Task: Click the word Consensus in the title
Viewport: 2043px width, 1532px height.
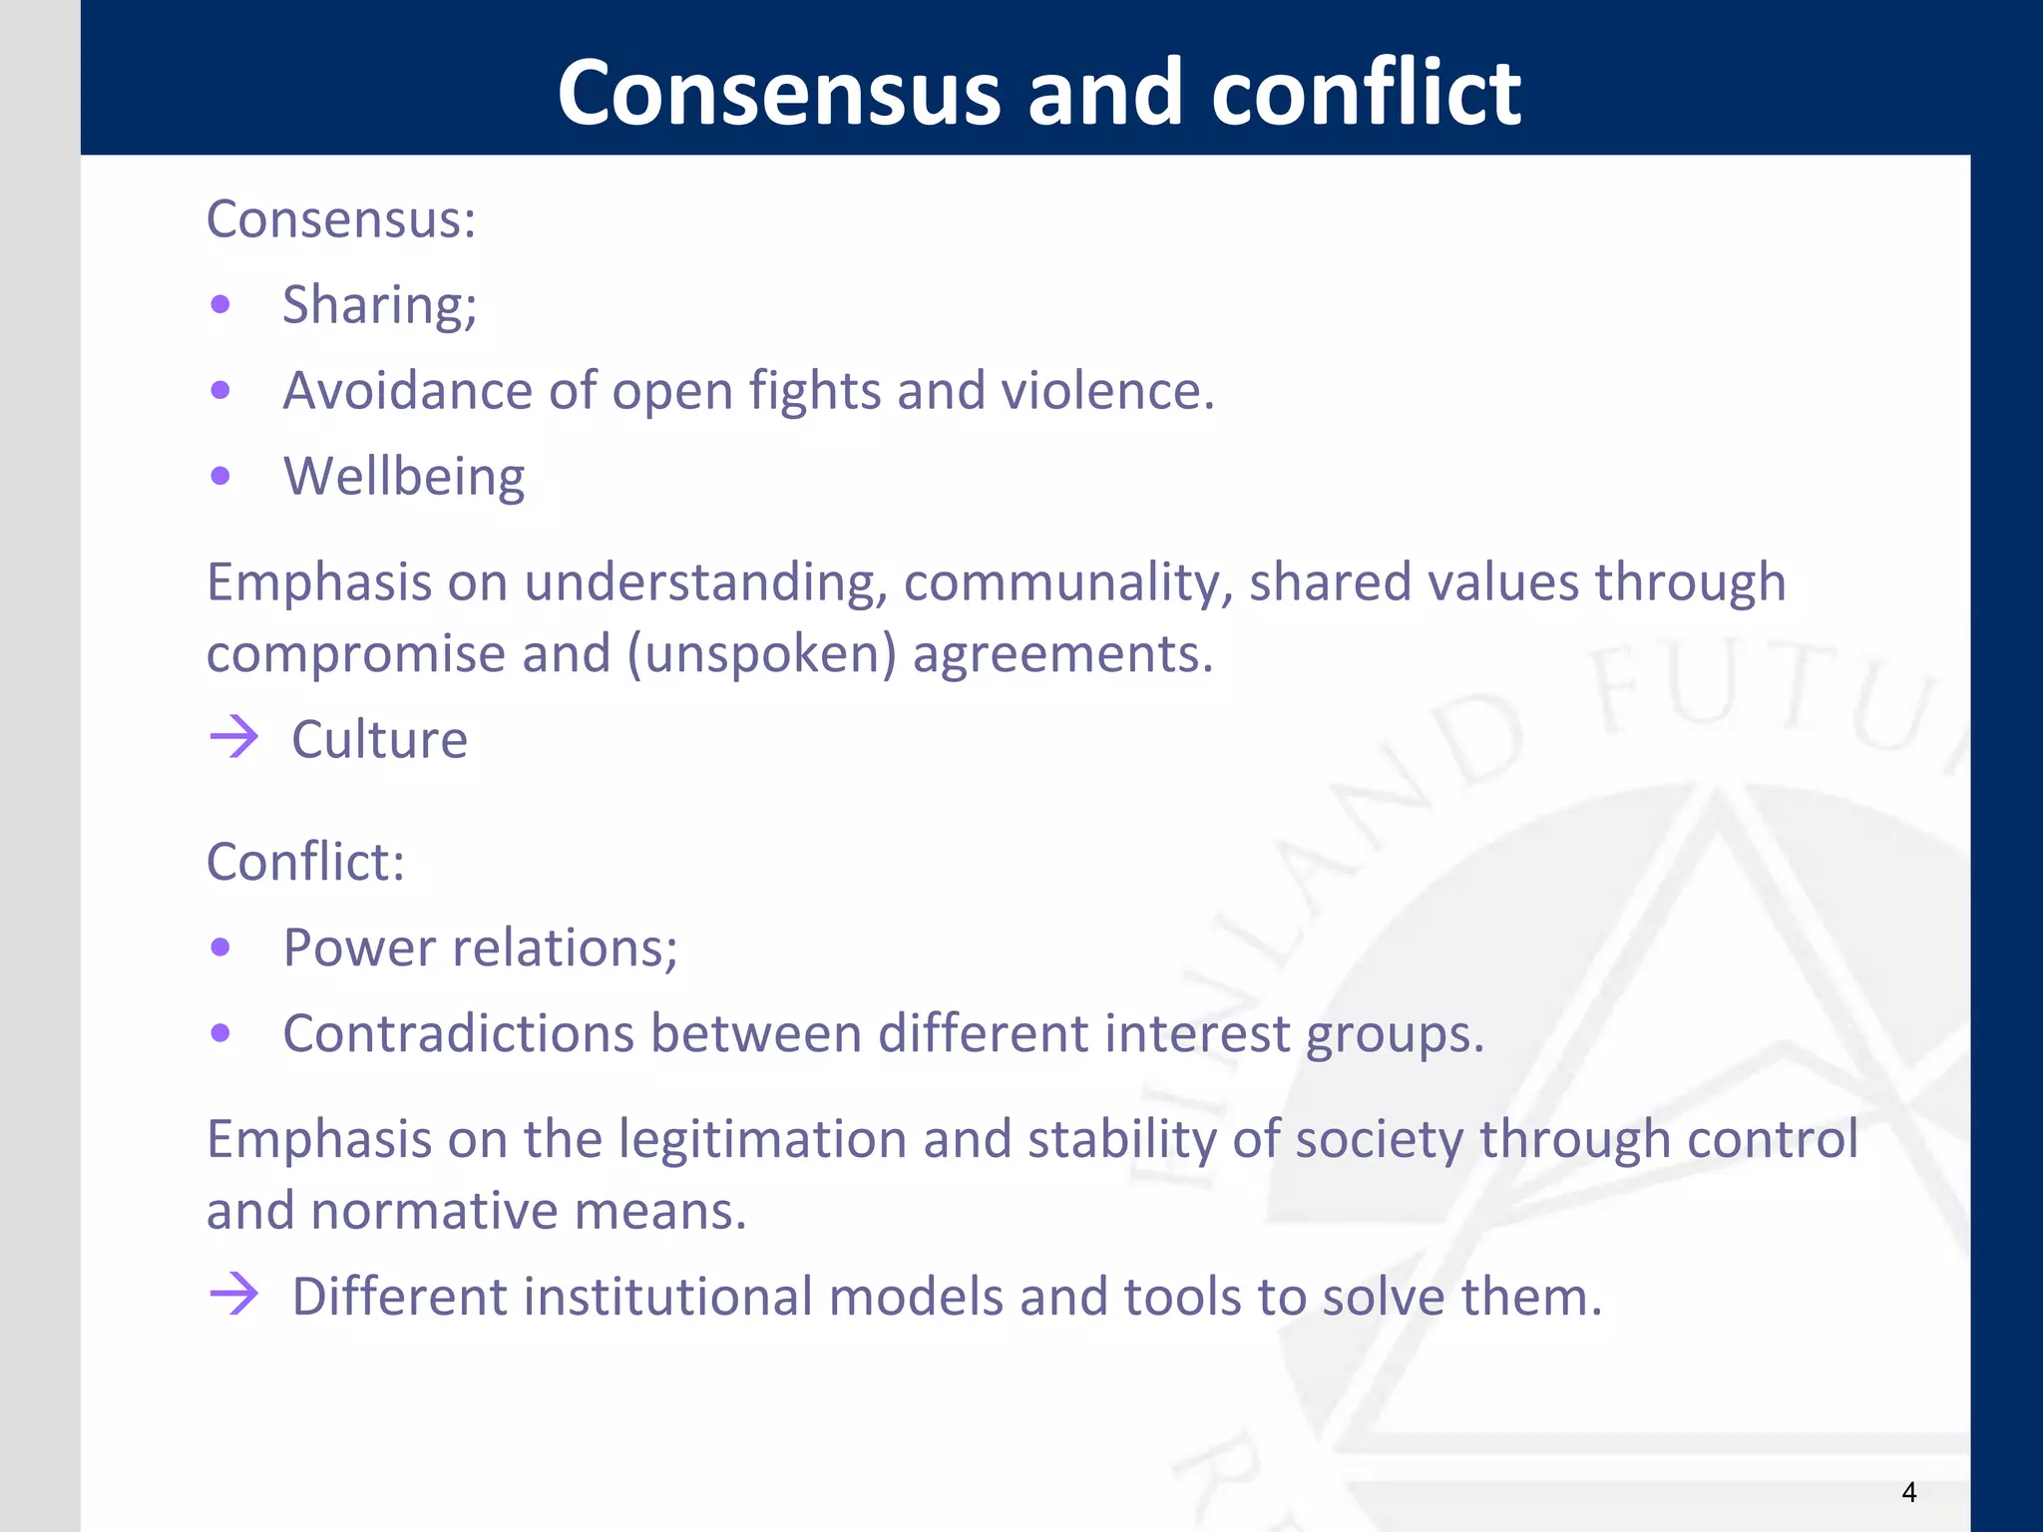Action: pyautogui.click(x=778, y=92)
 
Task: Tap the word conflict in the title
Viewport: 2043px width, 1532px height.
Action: pyautogui.click(x=1366, y=92)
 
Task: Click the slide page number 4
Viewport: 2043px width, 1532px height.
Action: pyautogui.click(x=1908, y=1492)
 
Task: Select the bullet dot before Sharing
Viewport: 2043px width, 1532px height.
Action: pyautogui.click(x=220, y=304)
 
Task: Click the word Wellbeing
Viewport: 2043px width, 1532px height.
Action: pyautogui.click(x=404, y=477)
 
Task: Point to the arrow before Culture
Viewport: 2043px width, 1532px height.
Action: pyautogui.click(x=234, y=738)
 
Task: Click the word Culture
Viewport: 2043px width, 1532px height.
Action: pyautogui.click(x=379, y=740)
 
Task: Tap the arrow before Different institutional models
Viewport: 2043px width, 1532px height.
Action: pyautogui.click(x=234, y=1295)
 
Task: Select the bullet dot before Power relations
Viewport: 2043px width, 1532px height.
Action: pyautogui.click(x=220, y=947)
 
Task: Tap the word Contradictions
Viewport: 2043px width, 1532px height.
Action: pyautogui.click(x=459, y=1033)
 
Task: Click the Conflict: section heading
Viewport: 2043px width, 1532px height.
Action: pyautogui.click(x=305, y=861)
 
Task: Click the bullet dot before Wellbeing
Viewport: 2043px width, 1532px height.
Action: pyautogui.click(x=220, y=477)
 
